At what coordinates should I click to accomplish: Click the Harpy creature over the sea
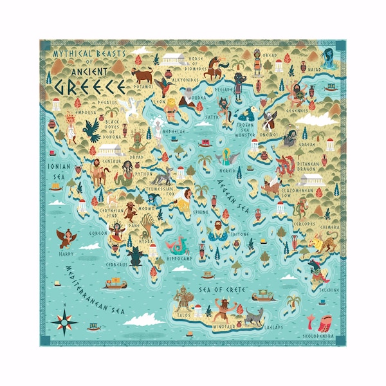click(x=64, y=239)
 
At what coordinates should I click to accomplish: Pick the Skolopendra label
click(x=318, y=335)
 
